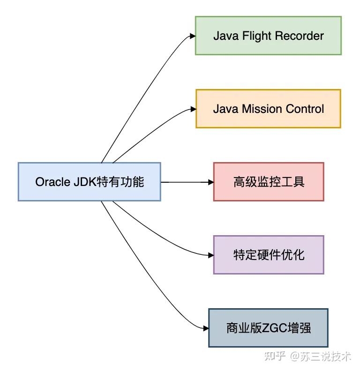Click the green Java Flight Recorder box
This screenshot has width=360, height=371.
[x=268, y=36]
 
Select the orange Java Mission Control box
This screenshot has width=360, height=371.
[x=268, y=109]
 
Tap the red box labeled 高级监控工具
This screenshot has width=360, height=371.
[x=269, y=182]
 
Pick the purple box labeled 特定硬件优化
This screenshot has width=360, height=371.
[x=269, y=255]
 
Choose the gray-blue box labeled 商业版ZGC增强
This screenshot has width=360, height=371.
[x=268, y=328]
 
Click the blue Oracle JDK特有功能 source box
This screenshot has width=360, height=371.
[x=90, y=182]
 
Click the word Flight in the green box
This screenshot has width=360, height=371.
[x=255, y=36]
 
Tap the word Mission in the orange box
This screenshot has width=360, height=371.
[x=260, y=109]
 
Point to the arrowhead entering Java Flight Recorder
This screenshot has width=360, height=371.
[x=192, y=36]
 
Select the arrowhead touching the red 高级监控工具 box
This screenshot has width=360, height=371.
[x=210, y=182]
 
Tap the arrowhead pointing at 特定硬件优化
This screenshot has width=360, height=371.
[x=210, y=255]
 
